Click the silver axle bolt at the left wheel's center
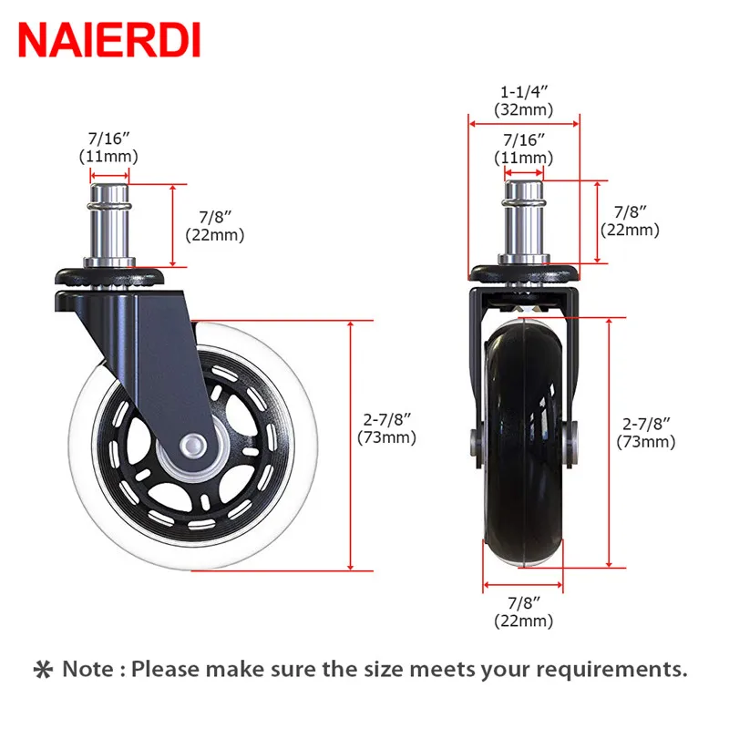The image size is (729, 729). (x=191, y=446)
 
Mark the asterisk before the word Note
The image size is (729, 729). (x=43, y=670)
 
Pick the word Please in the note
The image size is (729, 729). (x=168, y=670)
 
